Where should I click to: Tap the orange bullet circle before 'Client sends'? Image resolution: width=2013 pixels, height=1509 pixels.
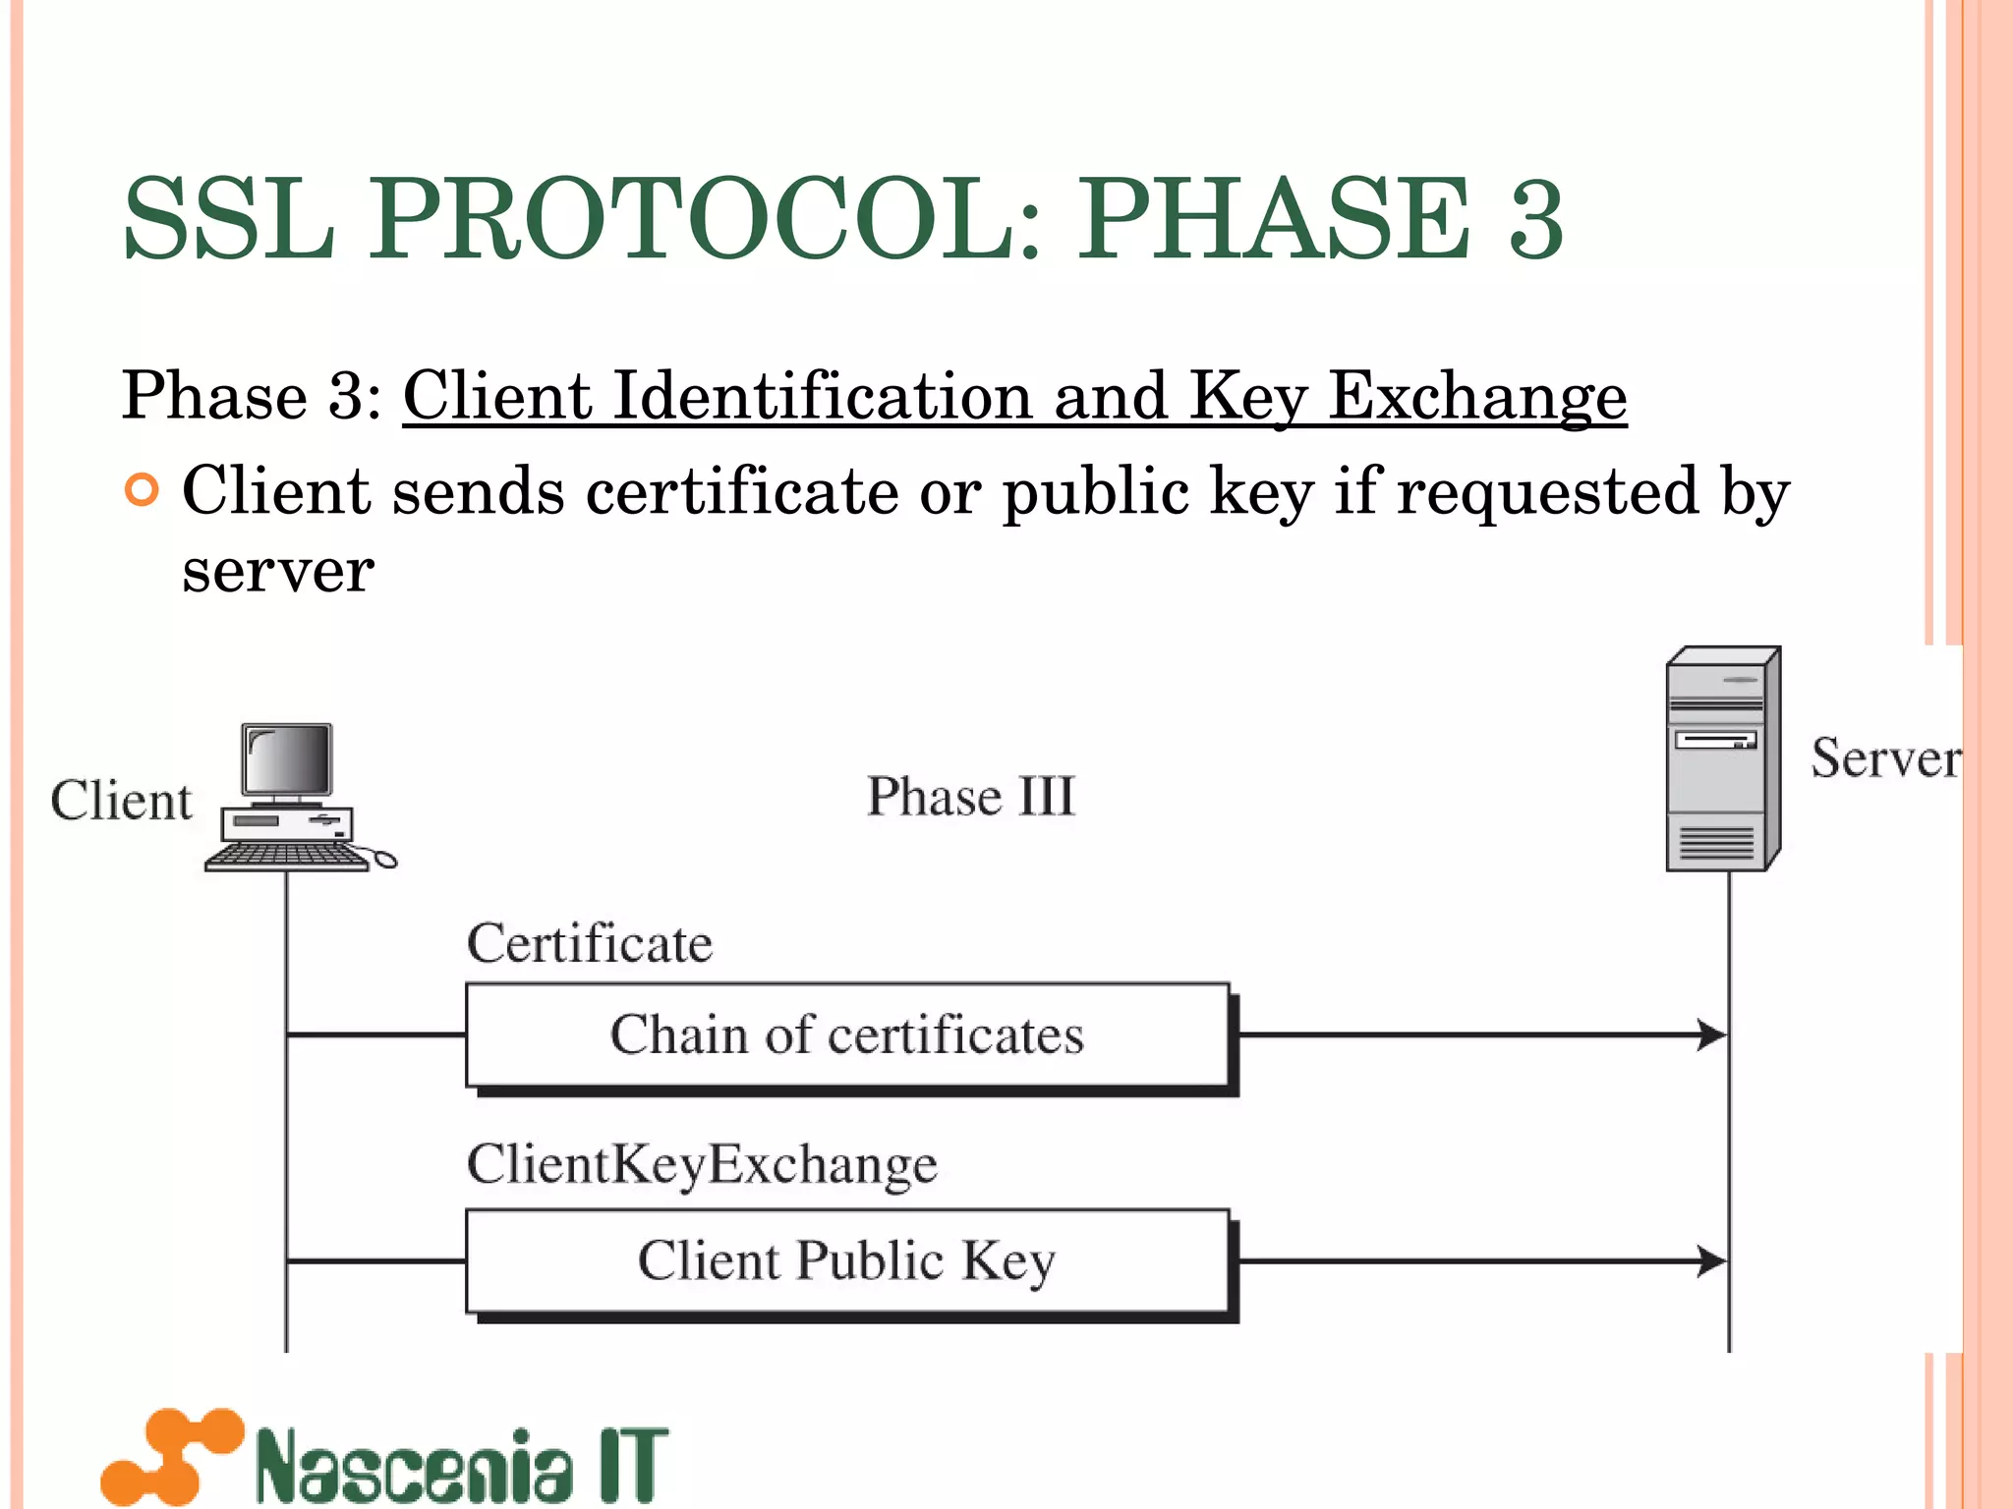(x=143, y=489)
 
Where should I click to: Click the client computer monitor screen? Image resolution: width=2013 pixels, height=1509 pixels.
(x=288, y=758)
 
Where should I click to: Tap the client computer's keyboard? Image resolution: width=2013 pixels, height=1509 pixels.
(x=287, y=858)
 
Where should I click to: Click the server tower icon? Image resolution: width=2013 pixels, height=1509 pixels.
(x=1722, y=759)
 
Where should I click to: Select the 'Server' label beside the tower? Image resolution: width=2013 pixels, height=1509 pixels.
(x=1884, y=758)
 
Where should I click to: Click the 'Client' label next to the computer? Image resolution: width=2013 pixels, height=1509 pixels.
(x=121, y=801)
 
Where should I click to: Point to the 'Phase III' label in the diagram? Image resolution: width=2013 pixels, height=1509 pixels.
(x=970, y=796)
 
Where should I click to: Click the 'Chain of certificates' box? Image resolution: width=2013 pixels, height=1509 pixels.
(x=847, y=1035)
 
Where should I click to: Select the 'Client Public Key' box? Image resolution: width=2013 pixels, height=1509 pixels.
(x=847, y=1261)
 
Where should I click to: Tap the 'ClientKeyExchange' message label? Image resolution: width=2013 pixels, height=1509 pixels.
(x=702, y=1164)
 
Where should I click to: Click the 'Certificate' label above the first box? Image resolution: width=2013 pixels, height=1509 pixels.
(x=590, y=944)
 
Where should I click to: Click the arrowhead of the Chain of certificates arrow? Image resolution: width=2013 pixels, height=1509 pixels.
(x=1712, y=1034)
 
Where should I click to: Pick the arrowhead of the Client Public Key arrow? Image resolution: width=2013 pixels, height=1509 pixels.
(x=1712, y=1260)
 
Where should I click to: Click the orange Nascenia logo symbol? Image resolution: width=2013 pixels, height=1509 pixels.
(x=173, y=1456)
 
